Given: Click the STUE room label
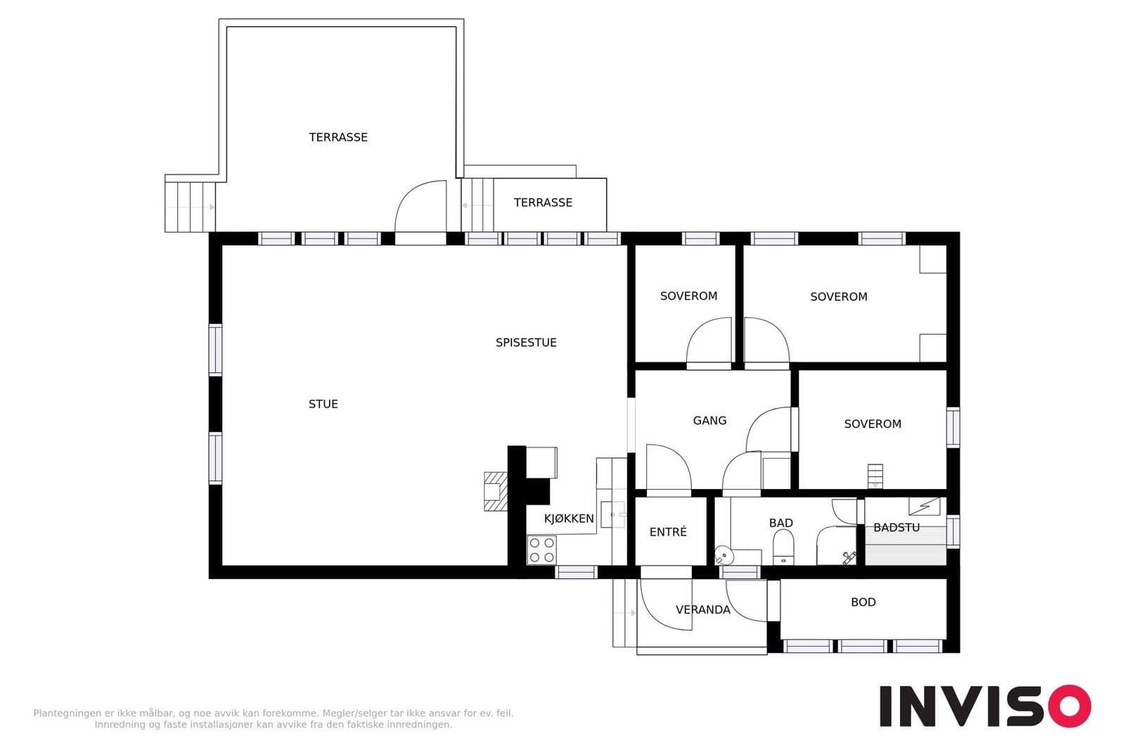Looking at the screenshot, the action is point(323,404).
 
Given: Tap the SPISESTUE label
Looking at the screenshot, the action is point(526,343).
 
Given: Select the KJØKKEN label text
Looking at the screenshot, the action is point(569,519).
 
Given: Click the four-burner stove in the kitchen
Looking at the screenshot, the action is point(542,550).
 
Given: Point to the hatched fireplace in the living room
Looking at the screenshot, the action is point(495,492).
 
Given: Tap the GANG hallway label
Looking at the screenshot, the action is point(709,420).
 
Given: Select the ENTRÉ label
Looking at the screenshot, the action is point(667,532).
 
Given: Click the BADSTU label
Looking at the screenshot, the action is point(896,527).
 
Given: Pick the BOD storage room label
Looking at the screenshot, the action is point(863,602).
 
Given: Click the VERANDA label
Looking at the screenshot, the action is point(702,610).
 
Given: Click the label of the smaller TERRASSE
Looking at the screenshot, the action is point(543,203).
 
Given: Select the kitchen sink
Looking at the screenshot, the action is point(612,515).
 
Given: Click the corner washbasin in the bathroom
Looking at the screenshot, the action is point(724,555).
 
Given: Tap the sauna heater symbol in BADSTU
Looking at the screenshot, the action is point(924,506).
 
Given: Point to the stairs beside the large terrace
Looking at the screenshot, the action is point(191,207).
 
